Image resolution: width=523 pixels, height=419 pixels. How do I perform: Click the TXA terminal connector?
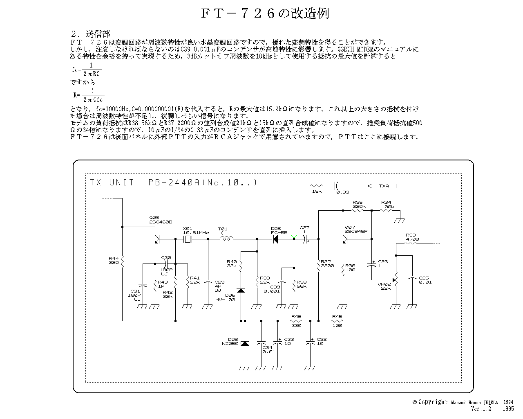tap(382, 186)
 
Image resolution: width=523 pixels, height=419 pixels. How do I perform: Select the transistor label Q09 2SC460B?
tap(161, 220)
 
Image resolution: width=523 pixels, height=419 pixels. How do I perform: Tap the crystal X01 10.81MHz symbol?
tap(188, 239)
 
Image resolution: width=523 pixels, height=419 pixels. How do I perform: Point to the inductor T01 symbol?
tap(226, 239)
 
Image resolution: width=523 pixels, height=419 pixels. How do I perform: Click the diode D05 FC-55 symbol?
tap(275, 239)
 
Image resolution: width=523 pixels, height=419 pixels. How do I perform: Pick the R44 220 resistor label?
tap(114, 260)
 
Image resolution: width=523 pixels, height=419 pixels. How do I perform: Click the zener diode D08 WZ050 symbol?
tap(245, 343)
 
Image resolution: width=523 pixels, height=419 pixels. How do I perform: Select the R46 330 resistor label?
tap(296, 321)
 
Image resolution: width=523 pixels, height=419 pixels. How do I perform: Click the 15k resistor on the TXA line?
tap(317, 186)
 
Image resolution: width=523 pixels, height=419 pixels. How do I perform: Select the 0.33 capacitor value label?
tap(342, 191)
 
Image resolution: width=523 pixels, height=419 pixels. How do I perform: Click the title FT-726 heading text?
tap(265, 14)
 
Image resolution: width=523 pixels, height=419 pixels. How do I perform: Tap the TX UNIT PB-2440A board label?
tap(174, 182)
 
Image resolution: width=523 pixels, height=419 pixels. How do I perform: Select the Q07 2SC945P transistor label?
tap(356, 229)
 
